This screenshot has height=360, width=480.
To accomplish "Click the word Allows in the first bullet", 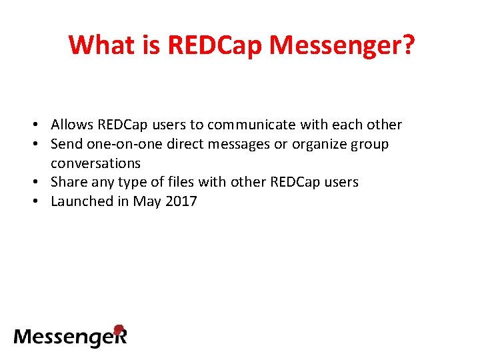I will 72,125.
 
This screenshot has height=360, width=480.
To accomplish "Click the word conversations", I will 95,163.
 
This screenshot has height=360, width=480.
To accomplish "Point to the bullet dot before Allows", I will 41,125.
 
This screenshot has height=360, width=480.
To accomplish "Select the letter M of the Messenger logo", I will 24,336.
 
